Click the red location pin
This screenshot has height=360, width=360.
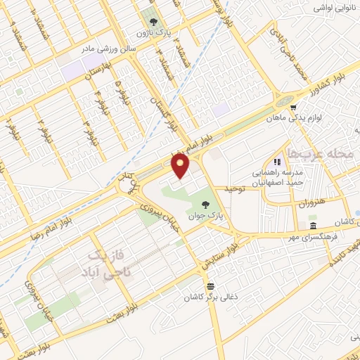point(181,166)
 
